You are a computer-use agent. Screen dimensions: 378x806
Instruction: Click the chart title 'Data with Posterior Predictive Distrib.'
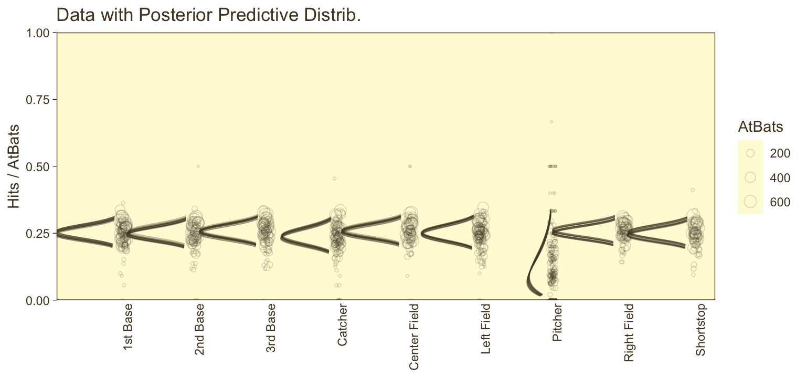[x=208, y=15]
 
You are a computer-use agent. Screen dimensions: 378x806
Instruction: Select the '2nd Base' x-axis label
[x=199, y=329]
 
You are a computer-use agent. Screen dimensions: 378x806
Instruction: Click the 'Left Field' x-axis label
[x=486, y=329]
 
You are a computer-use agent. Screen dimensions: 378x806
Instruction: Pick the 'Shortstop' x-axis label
[x=701, y=330]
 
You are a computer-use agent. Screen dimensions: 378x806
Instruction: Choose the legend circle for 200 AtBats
[x=750, y=153]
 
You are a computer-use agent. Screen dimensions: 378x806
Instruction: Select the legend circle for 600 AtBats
[x=750, y=201]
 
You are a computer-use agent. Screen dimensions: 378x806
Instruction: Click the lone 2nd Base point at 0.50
[x=198, y=166]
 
